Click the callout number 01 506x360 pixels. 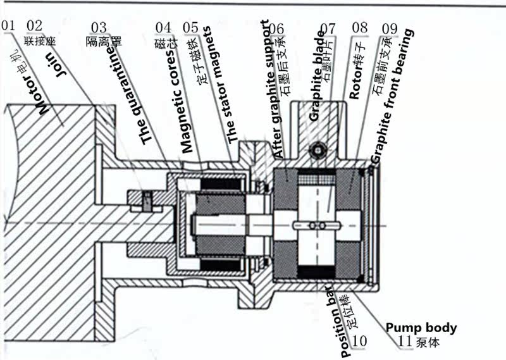pos(8,26)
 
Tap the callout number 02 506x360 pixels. pos(35,26)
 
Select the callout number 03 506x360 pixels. pos(99,27)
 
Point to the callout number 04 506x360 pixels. pos(164,27)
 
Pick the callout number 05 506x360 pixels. pos(190,27)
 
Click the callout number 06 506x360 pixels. pos(276,29)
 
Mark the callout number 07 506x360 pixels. pos(328,28)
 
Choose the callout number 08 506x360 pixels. pos(360,28)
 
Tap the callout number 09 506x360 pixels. pos(390,28)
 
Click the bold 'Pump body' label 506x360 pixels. pos(421,328)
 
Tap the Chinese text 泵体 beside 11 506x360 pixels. pos(428,343)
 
